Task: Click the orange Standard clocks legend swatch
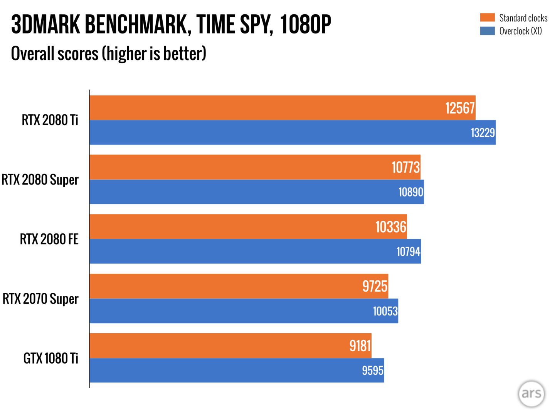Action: (x=487, y=18)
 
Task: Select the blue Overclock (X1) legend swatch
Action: (x=487, y=31)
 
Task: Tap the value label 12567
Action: (x=460, y=108)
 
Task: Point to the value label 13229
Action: (x=483, y=133)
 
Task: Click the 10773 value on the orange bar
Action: (x=405, y=168)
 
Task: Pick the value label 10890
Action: (x=410, y=192)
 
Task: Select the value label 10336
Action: (x=391, y=227)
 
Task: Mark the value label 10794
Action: (x=408, y=252)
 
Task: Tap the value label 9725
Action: (x=375, y=287)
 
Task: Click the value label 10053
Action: (x=385, y=311)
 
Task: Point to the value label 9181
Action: (x=360, y=346)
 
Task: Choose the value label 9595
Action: (x=372, y=371)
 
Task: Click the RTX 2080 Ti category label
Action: (x=50, y=120)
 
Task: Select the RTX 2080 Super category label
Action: (x=40, y=180)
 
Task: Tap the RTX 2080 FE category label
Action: (x=49, y=239)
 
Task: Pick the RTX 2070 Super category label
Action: (x=40, y=299)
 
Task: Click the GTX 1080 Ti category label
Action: (x=50, y=358)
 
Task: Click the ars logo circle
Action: (x=531, y=394)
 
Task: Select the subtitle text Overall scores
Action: (x=55, y=54)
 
